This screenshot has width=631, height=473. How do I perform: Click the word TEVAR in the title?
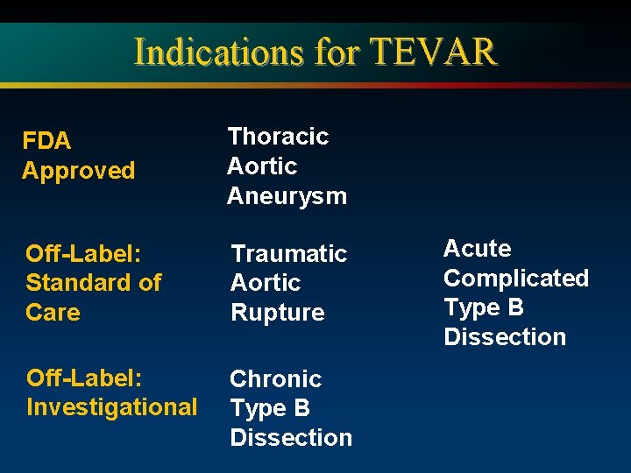(x=434, y=53)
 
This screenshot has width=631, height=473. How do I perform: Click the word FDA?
(x=46, y=141)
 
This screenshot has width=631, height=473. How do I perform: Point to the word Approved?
(x=78, y=171)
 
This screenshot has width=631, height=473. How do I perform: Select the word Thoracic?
(x=278, y=137)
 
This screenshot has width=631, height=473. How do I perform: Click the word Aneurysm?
(x=287, y=196)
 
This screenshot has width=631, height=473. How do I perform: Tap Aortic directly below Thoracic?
(x=261, y=166)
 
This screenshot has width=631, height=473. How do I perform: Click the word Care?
(x=53, y=313)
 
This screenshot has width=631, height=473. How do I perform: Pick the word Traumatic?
(x=288, y=254)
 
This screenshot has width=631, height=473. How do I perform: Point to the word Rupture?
(x=277, y=313)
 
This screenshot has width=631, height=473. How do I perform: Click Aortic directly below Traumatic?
(x=265, y=283)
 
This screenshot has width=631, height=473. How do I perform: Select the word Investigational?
(x=111, y=407)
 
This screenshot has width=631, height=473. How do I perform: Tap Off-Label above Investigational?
(x=84, y=378)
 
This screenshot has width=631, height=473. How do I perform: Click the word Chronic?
(x=275, y=379)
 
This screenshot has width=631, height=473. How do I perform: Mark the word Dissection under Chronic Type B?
(x=291, y=438)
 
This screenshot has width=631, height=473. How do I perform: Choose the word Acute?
(x=477, y=249)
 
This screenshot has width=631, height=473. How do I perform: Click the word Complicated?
(x=515, y=279)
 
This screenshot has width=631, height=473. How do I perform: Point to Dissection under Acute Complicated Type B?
(x=505, y=337)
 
